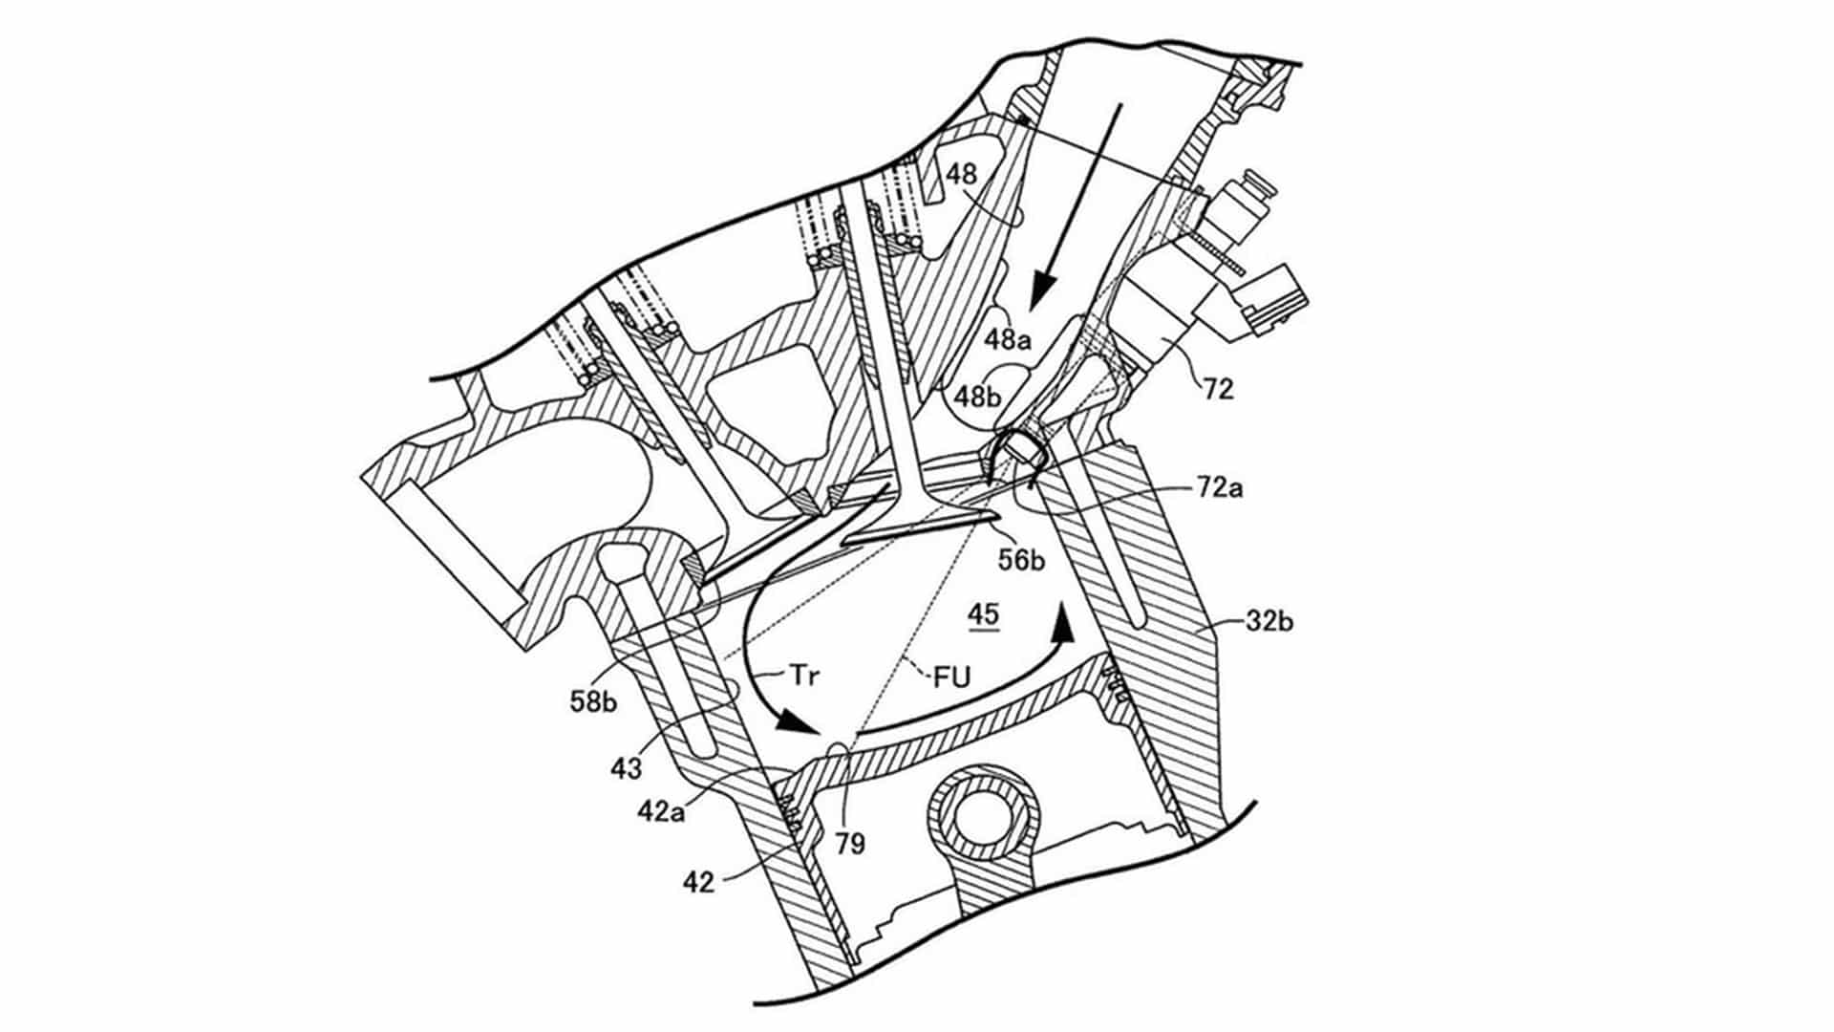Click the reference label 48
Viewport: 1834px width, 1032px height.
click(962, 174)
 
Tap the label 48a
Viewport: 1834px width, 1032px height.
click(1009, 339)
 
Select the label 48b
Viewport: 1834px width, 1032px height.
click(978, 396)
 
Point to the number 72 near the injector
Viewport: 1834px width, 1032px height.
click(1218, 388)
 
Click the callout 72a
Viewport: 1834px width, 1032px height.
click(1221, 488)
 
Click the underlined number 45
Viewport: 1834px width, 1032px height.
click(984, 614)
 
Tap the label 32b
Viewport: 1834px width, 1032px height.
click(1269, 621)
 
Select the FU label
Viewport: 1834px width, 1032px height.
click(952, 677)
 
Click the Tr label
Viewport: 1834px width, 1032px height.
click(804, 675)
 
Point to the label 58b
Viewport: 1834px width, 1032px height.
click(594, 702)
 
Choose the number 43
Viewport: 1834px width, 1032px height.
click(626, 768)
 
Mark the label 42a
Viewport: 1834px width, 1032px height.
click(661, 811)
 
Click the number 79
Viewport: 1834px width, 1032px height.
click(849, 843)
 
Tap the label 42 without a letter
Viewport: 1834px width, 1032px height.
click(698, 882)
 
